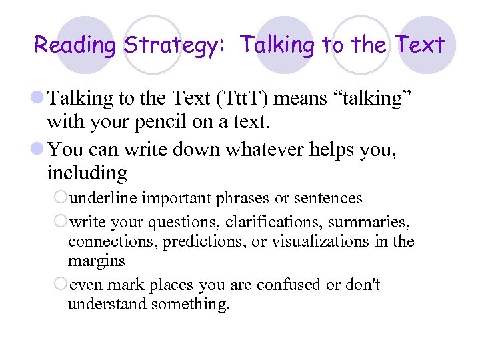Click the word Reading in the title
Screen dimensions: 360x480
[75, 45]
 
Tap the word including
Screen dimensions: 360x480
[87, 173]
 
